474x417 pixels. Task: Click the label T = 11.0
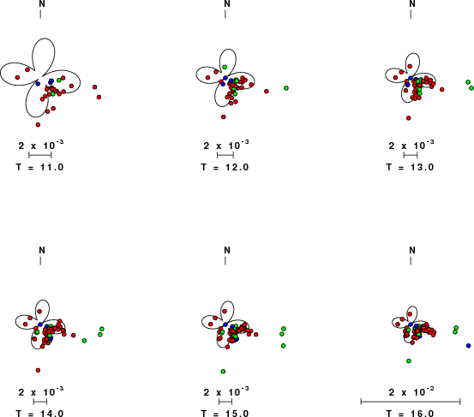tap(40, 167)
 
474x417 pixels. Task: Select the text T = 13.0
tap(410, 167)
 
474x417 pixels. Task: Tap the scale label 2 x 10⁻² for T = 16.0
tap(411, 391)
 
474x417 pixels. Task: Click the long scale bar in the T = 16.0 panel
tap(411, 402)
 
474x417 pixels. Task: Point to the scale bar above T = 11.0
tap(40, 155)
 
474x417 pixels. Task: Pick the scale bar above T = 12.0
tap(225, 155)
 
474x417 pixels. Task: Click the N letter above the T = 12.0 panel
tap(227, 3)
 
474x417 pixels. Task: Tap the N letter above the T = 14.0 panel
tap(42, 250)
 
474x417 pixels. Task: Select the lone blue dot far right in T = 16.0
tap(469, 345)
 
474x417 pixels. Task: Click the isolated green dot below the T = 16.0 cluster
tap(409, 360)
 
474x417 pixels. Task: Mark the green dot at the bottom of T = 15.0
tap(223, 372)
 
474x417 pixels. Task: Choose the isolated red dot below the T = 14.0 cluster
tap(38, 370)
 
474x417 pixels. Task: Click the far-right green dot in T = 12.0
tap(286, 88)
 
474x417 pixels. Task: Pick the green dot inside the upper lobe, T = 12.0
tap(225, 67)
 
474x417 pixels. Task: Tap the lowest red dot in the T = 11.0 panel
tap(38, 125)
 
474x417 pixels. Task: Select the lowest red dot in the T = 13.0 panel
tap(408, 118)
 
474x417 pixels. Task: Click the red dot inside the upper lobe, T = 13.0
tap(410, 66)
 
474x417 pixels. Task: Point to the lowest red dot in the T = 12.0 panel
tap(224, 116)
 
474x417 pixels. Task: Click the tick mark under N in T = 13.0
tap(411, 15)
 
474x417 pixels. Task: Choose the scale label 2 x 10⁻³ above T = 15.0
tap(226, 391)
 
